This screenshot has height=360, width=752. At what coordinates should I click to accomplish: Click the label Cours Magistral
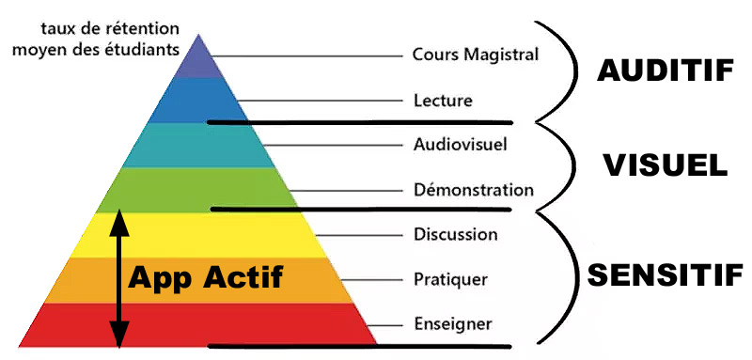pyautogui.click(x=475, y=55)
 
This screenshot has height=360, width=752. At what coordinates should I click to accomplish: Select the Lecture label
pyautogui.click(x=443, y=100)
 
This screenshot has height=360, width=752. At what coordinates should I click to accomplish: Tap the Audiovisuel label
pyautogui.click(x=460, y=145)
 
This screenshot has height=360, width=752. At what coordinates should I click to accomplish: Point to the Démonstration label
pyautogui.click(x=473, y=190)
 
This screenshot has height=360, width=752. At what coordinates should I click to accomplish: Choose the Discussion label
pyautogui.click(x=455, y=234)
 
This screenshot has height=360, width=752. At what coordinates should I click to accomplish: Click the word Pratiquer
pyautogui.click(x=449, y=279)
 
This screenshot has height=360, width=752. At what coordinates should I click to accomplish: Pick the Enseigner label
pyautogui.click(x=451, y=324)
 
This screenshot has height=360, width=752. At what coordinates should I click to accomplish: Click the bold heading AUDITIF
pyautogui.click(x=664, y=71)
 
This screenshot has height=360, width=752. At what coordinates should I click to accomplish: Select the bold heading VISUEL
pyautogui.click(x=665, y=165)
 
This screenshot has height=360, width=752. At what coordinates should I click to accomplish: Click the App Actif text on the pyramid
pyautogui.click(x=205, y=277)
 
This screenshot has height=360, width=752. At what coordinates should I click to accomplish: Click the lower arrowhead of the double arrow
pyautogui.click(x=118, y=335)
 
